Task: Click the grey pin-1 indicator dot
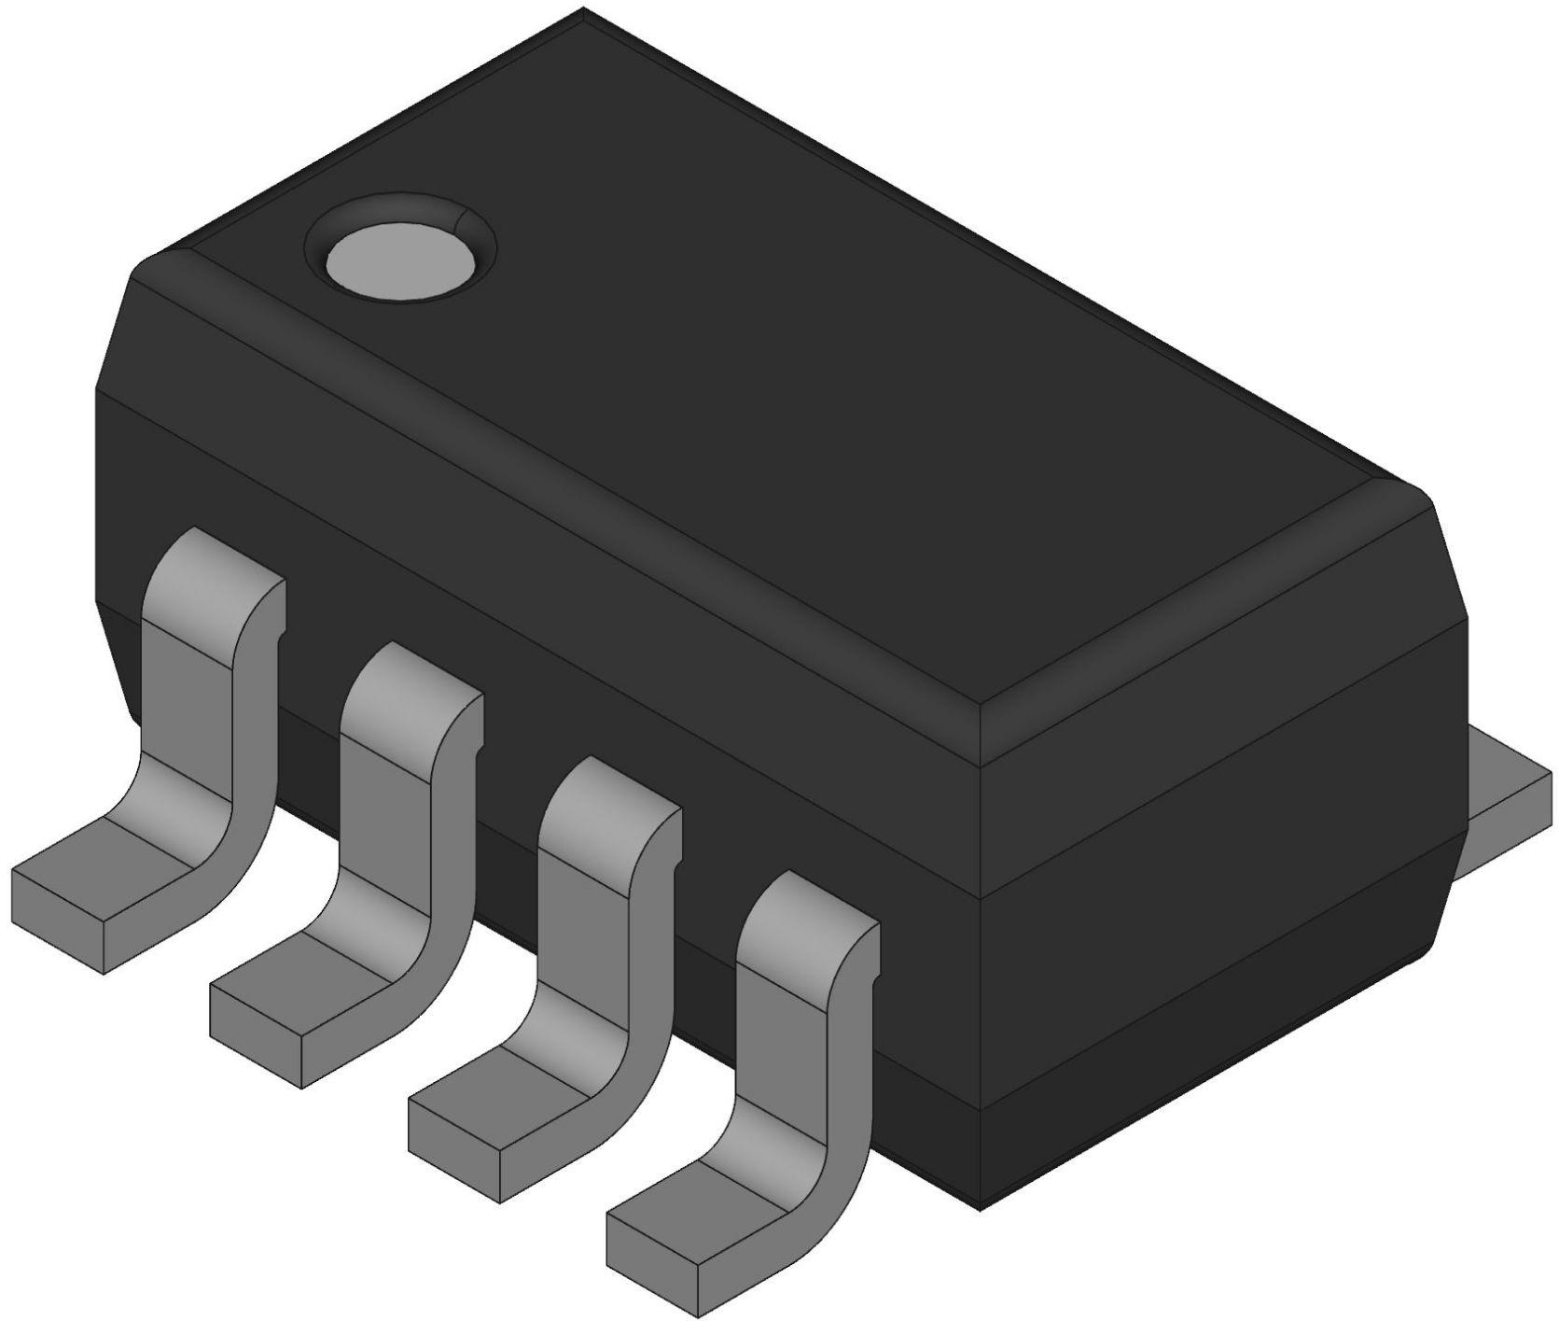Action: pyautogui.click(x=402, y=259)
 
